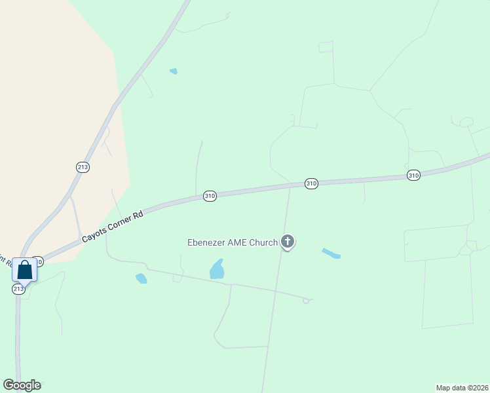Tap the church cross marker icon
click(287, 242)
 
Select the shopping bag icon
click(25, 269)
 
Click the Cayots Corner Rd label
click(112, 225)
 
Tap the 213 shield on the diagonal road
click(83, 167)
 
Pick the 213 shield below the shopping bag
click(19, 289)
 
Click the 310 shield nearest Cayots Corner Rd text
click(210, 196)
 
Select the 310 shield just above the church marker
click(311, 184)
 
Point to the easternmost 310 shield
click(413, 175)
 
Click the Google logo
click(22, 385)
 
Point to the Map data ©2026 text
click(462, 387)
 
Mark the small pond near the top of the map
click(174, 71)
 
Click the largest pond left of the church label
click(217, 269)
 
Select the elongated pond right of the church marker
click(331, 253)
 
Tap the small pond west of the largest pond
click(141, 278)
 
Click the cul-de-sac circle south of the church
click(306, 301)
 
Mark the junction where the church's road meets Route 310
click(289, 187)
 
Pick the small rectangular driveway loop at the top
click(326, 47)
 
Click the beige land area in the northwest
click(52, 98)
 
